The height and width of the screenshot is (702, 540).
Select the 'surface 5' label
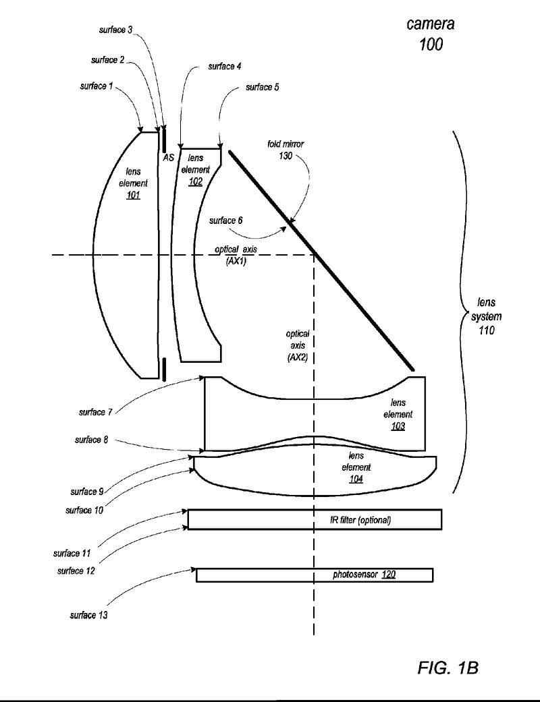pyautogui.click(x=262, y=87)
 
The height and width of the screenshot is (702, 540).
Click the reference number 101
pyautogui.click(x=132, y=196)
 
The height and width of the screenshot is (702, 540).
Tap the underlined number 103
pyautogui.click(x=398, y=426)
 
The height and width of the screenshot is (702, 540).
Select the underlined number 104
pyautogui.click(x=356, y=479)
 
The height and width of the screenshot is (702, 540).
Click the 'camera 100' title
pyautogui.click(x=430, y=34)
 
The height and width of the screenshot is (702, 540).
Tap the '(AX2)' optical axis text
pyautogui.click(x=297, y=357)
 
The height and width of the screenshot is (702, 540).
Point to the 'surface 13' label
pyautogui.click(x=88, y=615)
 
